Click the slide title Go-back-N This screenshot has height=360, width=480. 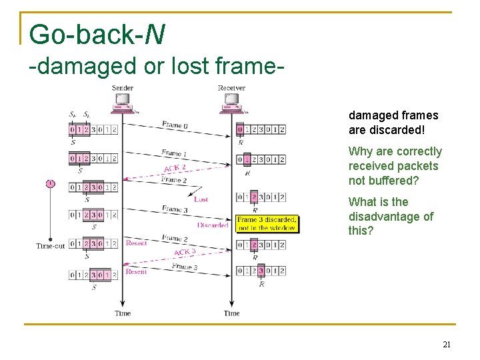pyautogui.click(x=97, y=35)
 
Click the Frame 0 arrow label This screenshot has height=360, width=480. pyautogui.click(x=175, y=125)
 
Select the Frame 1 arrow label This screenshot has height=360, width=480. pyautogui.click(x=174, y=153)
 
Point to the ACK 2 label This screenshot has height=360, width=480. pyautogui.click(x=175, y=167)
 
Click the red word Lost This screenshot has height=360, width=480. pyautogui.click(x=201, y=199)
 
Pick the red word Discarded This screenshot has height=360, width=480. pyautogui.click(x=213, y=225)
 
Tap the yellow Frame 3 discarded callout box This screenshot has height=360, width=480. pyautogui.click(x=267, y=223)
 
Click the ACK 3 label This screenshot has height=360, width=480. pyautogui.click(x=185, y=253)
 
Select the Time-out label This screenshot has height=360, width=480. pyautogui.click(x=50, y=246)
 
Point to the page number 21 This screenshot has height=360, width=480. pyautogui.click(x=447, y=345)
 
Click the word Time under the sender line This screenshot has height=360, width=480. pyautogui.click(x=123, y=313)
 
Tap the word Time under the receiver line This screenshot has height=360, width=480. pyautogui.click(x=231, y=313)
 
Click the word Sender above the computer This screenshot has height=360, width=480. pyautogui.click(x=123, y=87)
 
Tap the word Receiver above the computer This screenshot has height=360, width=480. pyautogui.click(x=231, y=87)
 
